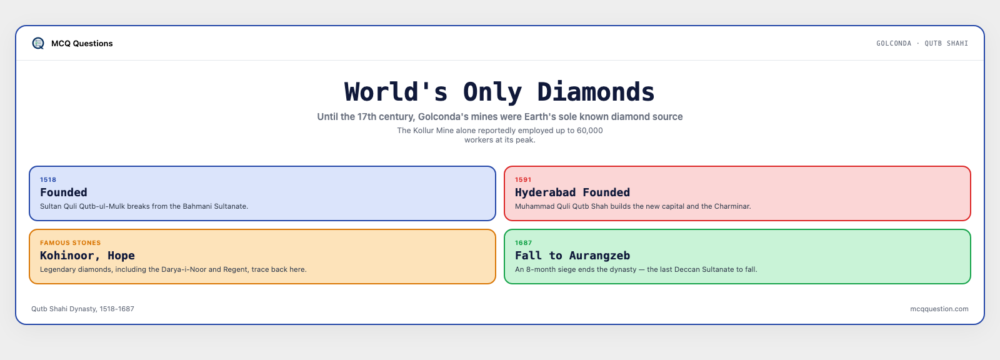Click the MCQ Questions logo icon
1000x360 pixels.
coord(38,43)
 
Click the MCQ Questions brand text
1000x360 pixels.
coord(82,43)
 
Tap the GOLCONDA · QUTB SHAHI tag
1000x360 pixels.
coord(922,43)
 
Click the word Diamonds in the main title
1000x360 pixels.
coord(596,92)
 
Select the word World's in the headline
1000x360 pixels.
coord(396,92)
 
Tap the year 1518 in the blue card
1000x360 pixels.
coord(48,179)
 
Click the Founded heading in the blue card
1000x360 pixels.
coord(63,192)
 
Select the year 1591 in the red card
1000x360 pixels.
coord(523,179)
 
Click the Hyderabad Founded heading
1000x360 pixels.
coord(572,192)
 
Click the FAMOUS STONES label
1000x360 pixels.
coord(71,243)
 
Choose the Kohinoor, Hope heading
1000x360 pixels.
coord(87,256)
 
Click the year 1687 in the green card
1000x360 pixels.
coord(524,243)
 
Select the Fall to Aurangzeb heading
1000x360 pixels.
coord(572,256)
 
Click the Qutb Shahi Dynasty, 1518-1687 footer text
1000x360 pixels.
coord(82,309)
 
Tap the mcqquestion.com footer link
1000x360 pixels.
coord(939,309)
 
